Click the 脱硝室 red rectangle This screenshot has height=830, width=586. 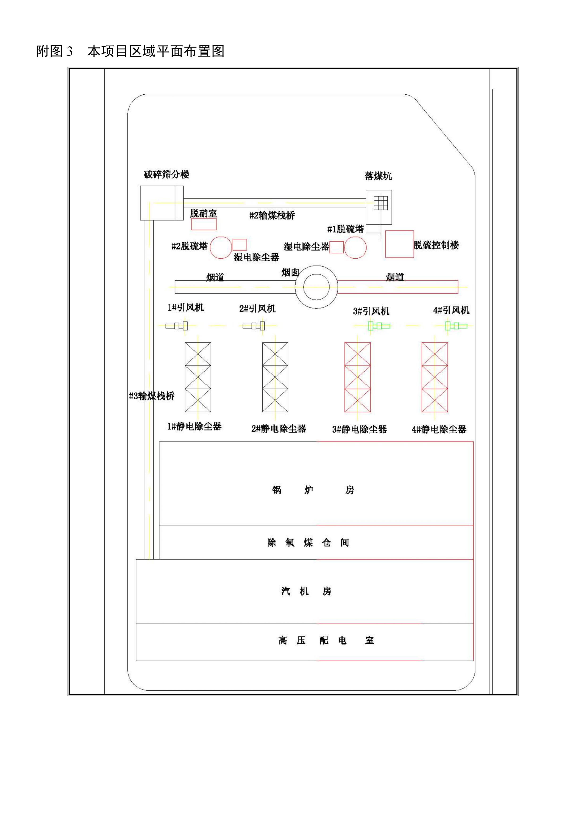pyautogui.click(x=204, y=224)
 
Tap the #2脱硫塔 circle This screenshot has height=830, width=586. pyautogui.click(x=221, y=248)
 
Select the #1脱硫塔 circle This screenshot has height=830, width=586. pyautogui.click(x=355, y=248)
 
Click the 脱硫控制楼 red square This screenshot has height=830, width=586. pyautogui.click(x=399, y=244)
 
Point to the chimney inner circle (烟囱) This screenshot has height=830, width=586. pyautogui.click(x=316, y=287)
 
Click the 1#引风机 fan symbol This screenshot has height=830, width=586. pyautogui.click(x=177, y=326)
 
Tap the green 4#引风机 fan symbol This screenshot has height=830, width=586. pyautogui.click(x=456, y=326)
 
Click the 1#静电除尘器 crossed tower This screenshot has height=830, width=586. pyautogui.click(x=198, y=377)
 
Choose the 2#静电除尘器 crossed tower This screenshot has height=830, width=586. pyautogui.click(x=275, y=377)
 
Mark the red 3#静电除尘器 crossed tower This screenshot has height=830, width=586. pyautogui.click(x=357, y=377)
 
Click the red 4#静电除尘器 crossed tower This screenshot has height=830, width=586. pyautogui.click(x=435, y=377)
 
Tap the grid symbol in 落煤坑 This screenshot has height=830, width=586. pyautogui.click(x=381, y=203)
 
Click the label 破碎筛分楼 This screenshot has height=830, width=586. pyautogui.click(x=167, y=175)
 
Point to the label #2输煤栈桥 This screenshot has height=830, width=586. pyautogui.click(x=272, y=215)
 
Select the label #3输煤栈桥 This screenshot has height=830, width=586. pyautogui.click(x=152, y=396)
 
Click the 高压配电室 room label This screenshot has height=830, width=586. pyautogui.click(x=326, y=641)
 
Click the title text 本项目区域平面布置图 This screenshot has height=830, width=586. pyautogui.click(x=156, y=51)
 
